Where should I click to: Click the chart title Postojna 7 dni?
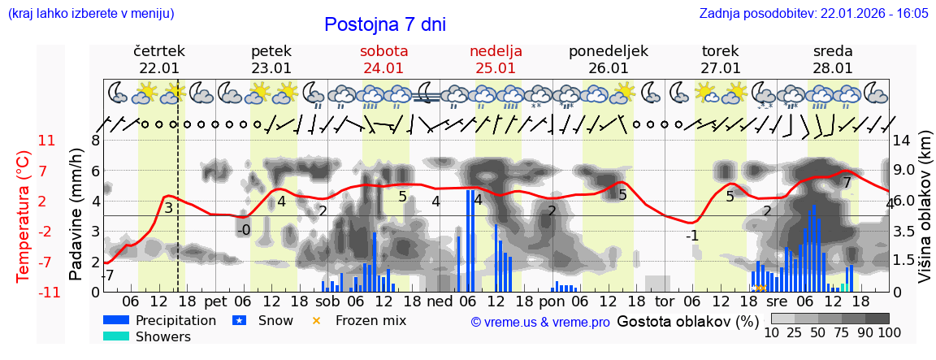[x=385, y=24]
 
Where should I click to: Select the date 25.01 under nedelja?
[x=496, y=68]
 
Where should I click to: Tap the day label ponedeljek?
[x=608, y=51]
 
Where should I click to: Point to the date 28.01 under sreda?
[x=833, y=68]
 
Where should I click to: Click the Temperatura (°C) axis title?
[x=23, y=216]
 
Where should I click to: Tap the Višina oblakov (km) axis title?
[x=924, y=216]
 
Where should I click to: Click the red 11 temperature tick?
[x=46, y=141]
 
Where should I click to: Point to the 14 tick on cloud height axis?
[x=902, y=141]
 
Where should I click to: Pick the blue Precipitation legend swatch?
[x=116, y=320]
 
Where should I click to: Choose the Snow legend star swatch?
[x=239, y=320]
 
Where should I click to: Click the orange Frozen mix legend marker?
[x=317, y=320]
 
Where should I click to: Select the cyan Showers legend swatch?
[x=116, y=336]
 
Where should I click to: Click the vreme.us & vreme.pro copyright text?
[x=539, y=322]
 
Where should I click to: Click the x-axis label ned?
[x=440, y=301]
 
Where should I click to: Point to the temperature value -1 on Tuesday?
[x=691, y=236]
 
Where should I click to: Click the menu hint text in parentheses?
[x=91, y=14]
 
